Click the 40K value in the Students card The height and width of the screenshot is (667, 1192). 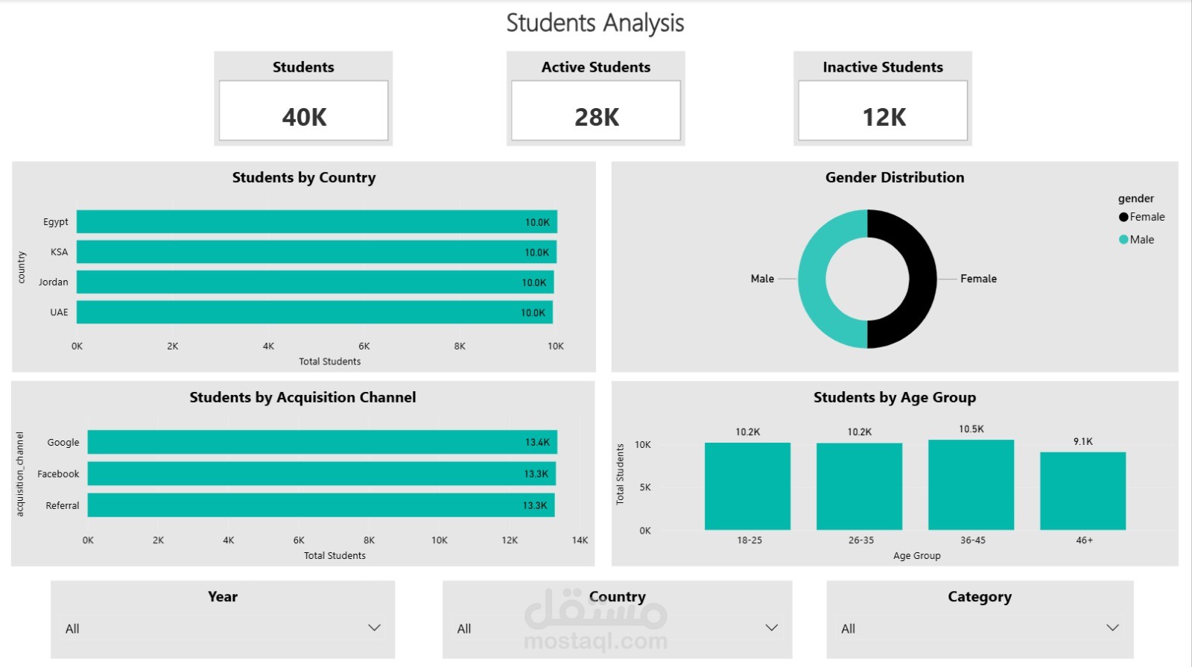304,117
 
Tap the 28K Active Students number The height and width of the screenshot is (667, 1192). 597,117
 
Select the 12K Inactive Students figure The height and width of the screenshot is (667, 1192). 884,117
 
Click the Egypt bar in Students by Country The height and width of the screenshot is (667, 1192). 317,221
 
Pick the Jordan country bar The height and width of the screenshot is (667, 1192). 315,282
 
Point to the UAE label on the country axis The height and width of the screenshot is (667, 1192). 59,312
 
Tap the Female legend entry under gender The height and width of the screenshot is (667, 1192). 1141,217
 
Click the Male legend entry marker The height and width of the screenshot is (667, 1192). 1123,239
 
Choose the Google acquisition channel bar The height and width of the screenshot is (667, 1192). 323,442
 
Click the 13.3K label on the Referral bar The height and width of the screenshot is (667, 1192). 535,505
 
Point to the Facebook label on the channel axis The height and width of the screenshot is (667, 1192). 58,474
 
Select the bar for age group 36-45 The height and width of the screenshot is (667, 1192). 971,484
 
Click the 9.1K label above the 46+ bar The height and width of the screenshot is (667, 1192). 1083,441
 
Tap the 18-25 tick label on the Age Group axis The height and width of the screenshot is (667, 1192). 749,540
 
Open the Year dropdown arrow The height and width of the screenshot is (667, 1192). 374,628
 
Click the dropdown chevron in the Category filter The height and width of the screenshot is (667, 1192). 1112,628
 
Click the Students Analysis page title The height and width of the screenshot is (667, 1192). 595,23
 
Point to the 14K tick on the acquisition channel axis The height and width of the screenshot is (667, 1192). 580,540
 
